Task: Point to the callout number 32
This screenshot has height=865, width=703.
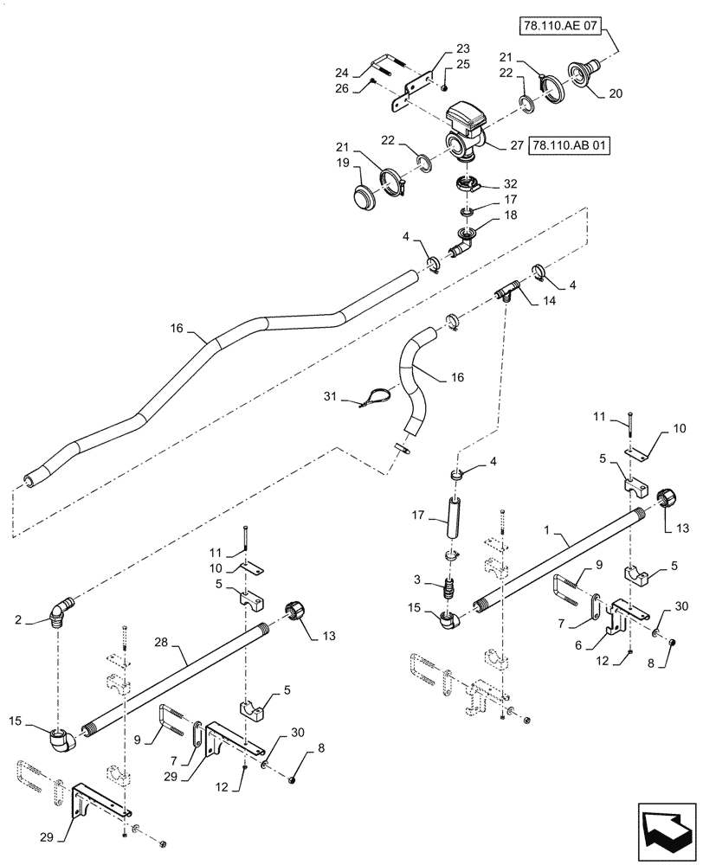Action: pyautogui.click(x=511, y=183)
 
